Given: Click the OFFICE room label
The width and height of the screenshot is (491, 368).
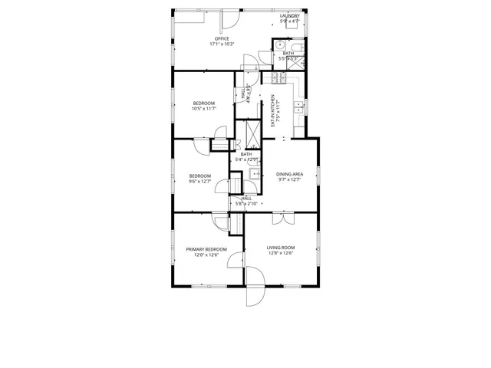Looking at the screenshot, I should coord(222,39).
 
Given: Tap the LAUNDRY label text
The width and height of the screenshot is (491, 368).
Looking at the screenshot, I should coord(290,15).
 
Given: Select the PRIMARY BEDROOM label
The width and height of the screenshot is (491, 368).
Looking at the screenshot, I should coord(206,250).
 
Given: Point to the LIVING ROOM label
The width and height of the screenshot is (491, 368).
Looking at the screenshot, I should coord(281,248).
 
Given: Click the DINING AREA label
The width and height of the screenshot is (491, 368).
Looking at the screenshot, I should coord(290,174).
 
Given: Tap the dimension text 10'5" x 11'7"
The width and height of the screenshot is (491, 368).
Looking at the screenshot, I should coord(203,109).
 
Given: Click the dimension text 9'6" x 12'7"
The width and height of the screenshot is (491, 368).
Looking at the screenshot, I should coord(200,182).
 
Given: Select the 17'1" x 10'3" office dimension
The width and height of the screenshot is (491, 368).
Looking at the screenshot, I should coord(222,44).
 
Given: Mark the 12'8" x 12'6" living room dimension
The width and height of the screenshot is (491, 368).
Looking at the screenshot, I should coord(281,254).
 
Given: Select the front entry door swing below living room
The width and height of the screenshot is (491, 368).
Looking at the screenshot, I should coord(254,295).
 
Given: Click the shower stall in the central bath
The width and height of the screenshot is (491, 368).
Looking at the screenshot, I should coord(250,133).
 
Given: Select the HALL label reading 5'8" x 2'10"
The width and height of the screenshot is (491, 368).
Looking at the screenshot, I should coord(246,201).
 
